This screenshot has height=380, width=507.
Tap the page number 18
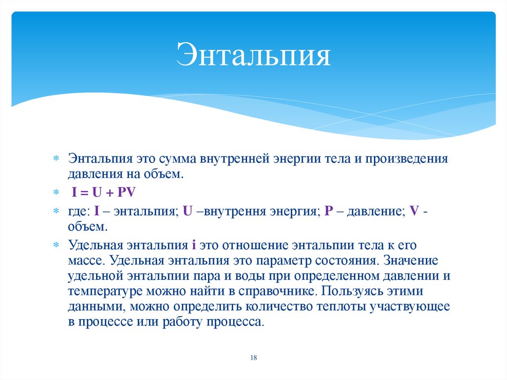click(x=253, y=358)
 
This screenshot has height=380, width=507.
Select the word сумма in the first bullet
click(x=178, y=160)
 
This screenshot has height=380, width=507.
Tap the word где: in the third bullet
click(x=79, y=211)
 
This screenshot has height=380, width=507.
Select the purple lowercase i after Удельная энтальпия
click(x=195, y=245)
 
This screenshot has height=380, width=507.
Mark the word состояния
click(x=344, y=260)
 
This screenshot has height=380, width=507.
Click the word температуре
click(x=101, y=291)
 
